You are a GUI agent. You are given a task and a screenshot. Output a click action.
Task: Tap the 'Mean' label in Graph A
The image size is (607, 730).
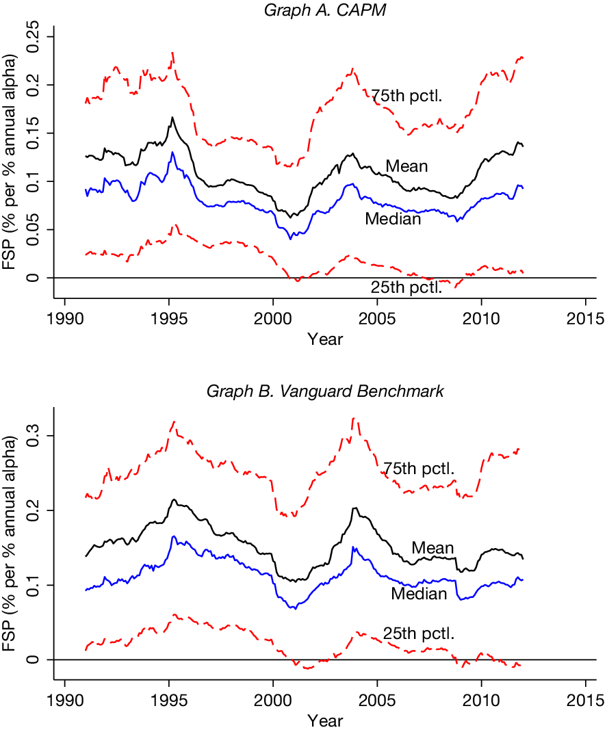click(406, 166)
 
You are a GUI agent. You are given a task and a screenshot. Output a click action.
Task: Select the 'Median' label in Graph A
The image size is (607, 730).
click(393, 219)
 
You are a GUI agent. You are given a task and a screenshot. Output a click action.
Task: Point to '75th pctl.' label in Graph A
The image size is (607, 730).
click(407, 96)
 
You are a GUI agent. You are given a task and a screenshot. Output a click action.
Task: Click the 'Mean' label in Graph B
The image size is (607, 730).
click(432, 548)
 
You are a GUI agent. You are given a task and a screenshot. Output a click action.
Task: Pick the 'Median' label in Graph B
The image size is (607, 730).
click(419, 594)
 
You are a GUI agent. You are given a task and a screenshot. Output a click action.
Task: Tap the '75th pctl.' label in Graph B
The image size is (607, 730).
click(419, 469)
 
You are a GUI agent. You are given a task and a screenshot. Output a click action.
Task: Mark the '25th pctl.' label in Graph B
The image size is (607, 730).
click(419, 634)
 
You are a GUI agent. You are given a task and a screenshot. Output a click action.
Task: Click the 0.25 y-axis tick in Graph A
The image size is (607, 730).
click(38, 36)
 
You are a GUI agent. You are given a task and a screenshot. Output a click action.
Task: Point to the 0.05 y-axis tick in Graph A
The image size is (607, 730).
click(38, 229)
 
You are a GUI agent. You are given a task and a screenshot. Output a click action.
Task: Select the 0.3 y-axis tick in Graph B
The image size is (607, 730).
click(38, 435)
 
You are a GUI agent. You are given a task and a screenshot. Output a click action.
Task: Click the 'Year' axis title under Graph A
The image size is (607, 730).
click(325, 339)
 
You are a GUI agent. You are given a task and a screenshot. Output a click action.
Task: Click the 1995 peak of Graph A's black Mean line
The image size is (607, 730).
click(172, 117)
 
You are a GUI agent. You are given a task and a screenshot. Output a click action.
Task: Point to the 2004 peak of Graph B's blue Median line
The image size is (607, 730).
click(353, 547)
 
